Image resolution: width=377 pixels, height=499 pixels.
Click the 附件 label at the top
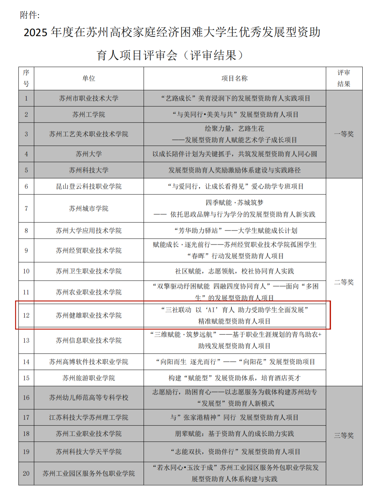(29, 15)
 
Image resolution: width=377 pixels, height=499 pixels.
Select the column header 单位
(89, 78)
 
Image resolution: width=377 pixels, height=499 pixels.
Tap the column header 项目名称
(235, 78)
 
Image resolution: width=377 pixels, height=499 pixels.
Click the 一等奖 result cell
(344, 134)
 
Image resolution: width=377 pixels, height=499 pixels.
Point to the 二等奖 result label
(344, 282)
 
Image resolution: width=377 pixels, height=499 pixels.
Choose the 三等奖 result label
(344, 435)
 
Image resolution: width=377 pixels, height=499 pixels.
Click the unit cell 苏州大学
(89, 154)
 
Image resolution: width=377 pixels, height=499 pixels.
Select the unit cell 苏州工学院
(89, 115)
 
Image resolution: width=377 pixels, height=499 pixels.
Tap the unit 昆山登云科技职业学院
(89, 186)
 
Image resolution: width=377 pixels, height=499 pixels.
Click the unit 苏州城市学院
(89, 208)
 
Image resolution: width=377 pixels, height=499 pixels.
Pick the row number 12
(26, 315)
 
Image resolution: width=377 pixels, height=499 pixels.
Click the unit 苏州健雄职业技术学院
(89, 315)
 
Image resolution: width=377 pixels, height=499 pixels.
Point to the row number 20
(26, 474)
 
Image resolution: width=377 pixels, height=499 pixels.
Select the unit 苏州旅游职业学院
(89, 378)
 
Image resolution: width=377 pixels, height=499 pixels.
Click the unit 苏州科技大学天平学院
(89, 451)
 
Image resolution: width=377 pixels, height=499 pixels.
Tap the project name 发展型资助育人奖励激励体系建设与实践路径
(235, 170)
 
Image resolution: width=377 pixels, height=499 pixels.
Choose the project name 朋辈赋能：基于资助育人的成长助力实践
(235, 434)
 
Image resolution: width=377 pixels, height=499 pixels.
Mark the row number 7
(26, 208)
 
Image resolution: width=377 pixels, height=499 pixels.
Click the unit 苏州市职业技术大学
(89, 98)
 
